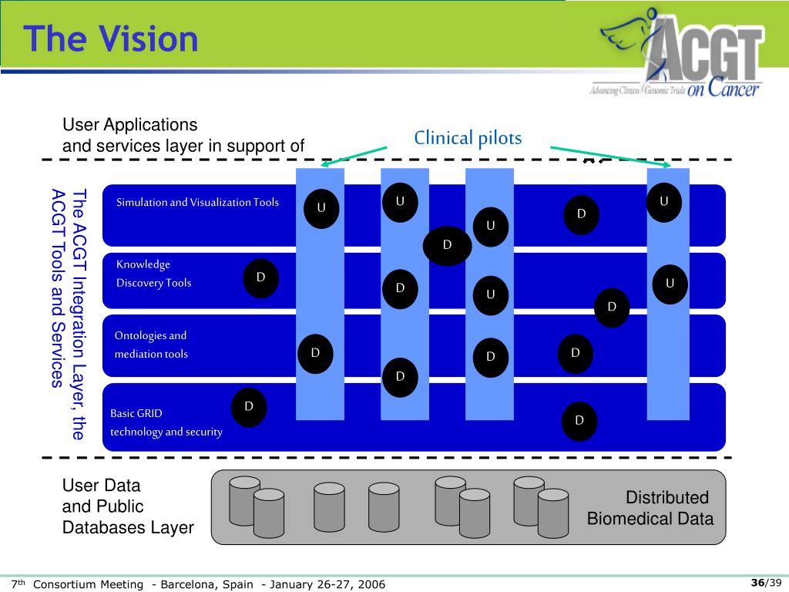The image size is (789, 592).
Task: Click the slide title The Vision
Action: [x=111, y=39]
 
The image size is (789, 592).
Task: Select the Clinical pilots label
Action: [x=468, y=139]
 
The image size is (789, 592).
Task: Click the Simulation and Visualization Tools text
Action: [x=197, y=203]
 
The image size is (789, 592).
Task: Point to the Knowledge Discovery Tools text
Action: [x=153, y=274]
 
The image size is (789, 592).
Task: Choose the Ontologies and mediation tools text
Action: [x=151, y=345]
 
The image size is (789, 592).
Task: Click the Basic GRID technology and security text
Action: [x=166, y=422]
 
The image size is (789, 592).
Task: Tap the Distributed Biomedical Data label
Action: [x=650, y=508]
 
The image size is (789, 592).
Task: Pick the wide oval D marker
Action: [x=447, y=246]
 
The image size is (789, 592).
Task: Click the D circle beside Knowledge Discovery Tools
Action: [x=260, y=278]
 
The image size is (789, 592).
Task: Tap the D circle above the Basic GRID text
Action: [x=249, y=406]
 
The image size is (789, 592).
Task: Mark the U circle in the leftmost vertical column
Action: [x=321, y=208]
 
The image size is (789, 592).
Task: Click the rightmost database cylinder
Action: [x=552, y=513]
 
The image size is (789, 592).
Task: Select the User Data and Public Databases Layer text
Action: [x=127, y=507]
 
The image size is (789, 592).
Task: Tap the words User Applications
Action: [x=129, y=125]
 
